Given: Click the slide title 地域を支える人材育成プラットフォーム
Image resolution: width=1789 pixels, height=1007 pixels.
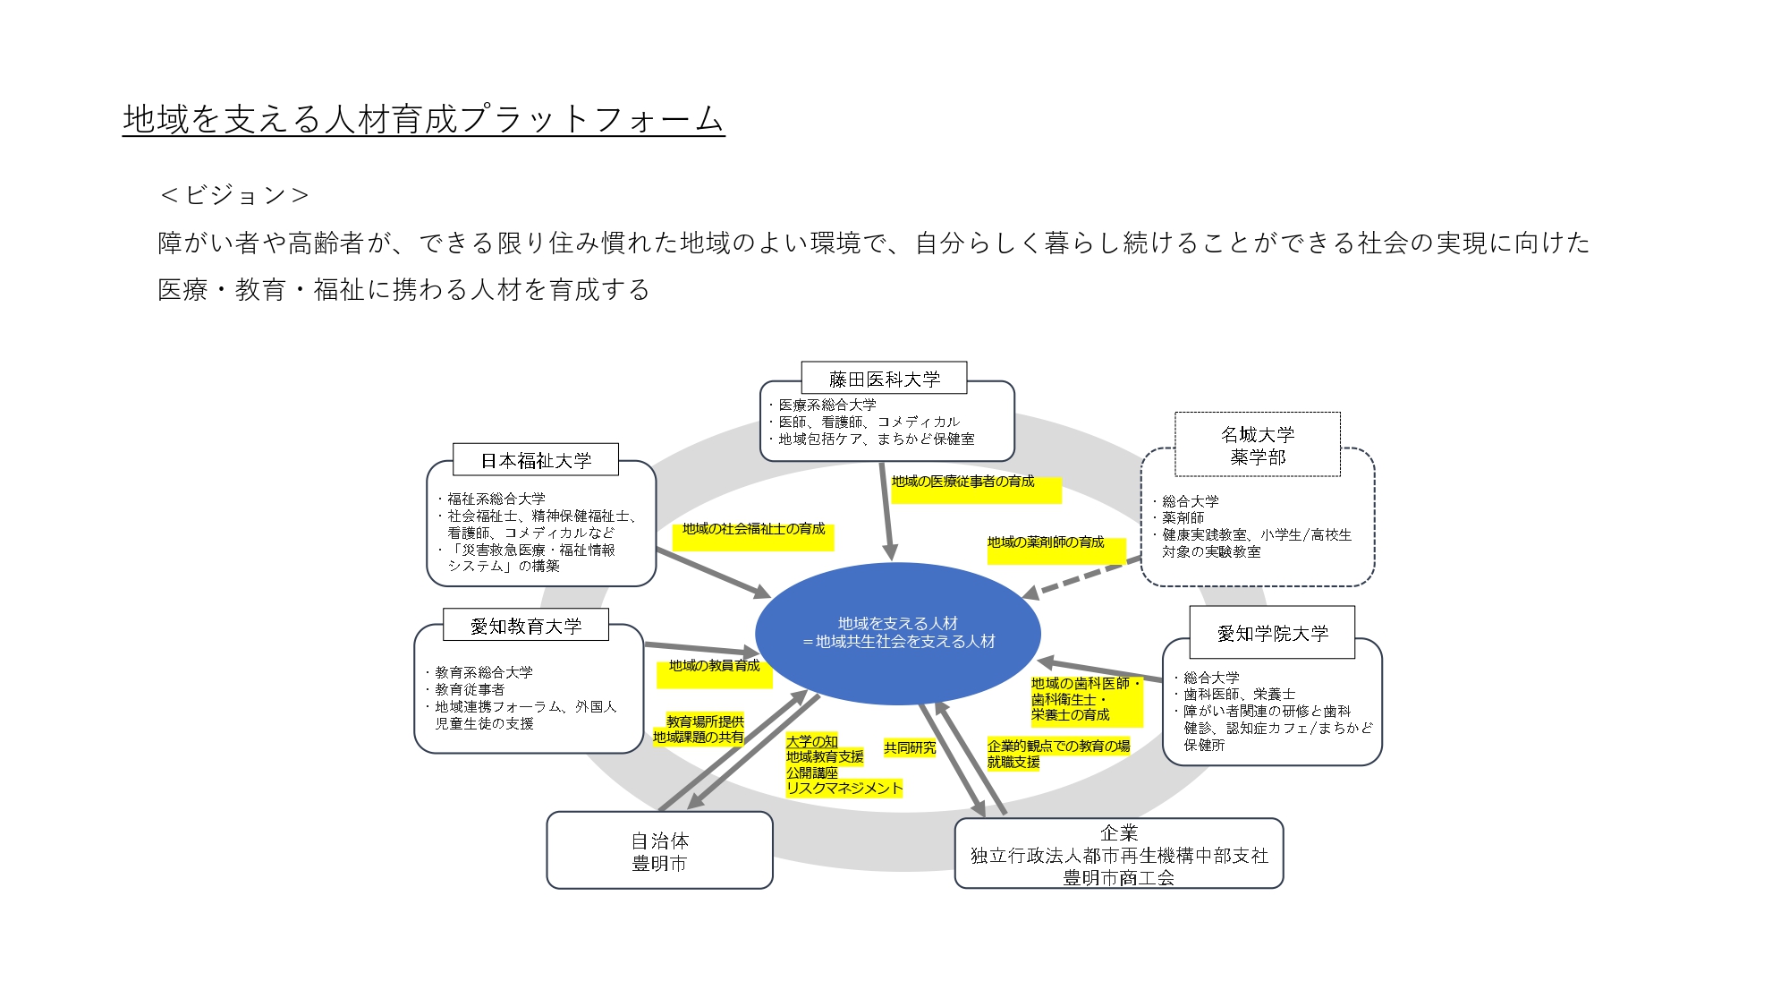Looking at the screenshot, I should point(422,119).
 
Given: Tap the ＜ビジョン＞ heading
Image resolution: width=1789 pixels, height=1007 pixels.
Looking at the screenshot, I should point(234,195).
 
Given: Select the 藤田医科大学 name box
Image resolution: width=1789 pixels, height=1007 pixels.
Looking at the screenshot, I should point(884,379).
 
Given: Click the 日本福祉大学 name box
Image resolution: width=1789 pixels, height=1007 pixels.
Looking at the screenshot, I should point(536,460).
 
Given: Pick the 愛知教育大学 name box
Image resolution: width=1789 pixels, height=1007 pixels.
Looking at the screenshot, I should point(526,626).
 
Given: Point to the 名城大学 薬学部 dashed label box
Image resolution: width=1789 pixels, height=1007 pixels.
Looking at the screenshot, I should point(1257,445).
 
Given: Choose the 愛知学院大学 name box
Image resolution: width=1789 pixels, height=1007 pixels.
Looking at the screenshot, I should point(1272,633).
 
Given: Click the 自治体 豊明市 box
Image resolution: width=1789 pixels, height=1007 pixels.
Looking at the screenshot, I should point(659,851).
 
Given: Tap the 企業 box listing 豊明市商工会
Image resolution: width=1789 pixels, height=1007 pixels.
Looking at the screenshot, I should point(1118,855).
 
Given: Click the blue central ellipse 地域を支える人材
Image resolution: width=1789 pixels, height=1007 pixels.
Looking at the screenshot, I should point(897,632).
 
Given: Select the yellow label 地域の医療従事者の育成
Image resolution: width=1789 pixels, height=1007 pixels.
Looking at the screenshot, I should point(962,482).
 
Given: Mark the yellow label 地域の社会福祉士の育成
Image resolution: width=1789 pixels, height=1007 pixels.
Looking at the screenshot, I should point(753,529).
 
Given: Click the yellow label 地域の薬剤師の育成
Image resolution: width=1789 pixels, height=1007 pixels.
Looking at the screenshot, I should point(1046,542).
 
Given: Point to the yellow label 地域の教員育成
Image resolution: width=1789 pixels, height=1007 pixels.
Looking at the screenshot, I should point(714,666).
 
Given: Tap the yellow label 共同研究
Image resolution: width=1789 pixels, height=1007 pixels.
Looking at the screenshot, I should point(910,747).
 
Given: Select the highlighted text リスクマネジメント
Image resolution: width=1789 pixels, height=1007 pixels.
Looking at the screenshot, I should point(844,788).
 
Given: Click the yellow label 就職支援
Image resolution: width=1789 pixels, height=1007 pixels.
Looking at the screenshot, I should point(1013,762).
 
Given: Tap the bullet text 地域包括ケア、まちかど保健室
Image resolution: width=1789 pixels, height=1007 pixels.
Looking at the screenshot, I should point(876,439).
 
